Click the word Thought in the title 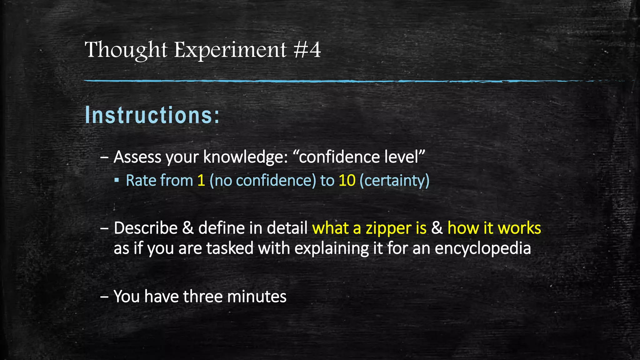pos(126,50)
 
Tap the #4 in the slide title pos(307,50)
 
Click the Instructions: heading pos(152,115)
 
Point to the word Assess pos(137,157)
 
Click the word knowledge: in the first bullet pos(246,157)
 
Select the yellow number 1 pos(201,181)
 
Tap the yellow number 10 pos(347,181)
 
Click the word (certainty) pos(395,181)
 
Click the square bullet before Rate pos(117,180)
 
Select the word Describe pos(146,228)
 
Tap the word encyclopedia pos(483,249)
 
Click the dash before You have pos(104,296)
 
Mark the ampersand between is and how pos(437,228)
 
